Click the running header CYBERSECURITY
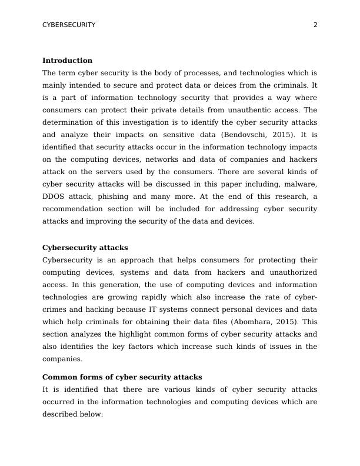point(69,25)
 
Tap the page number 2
point(315,25)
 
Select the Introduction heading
point(67,61)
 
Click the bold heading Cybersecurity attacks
point(85,248)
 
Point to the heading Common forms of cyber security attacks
point(122,377)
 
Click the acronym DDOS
point(54,197)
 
